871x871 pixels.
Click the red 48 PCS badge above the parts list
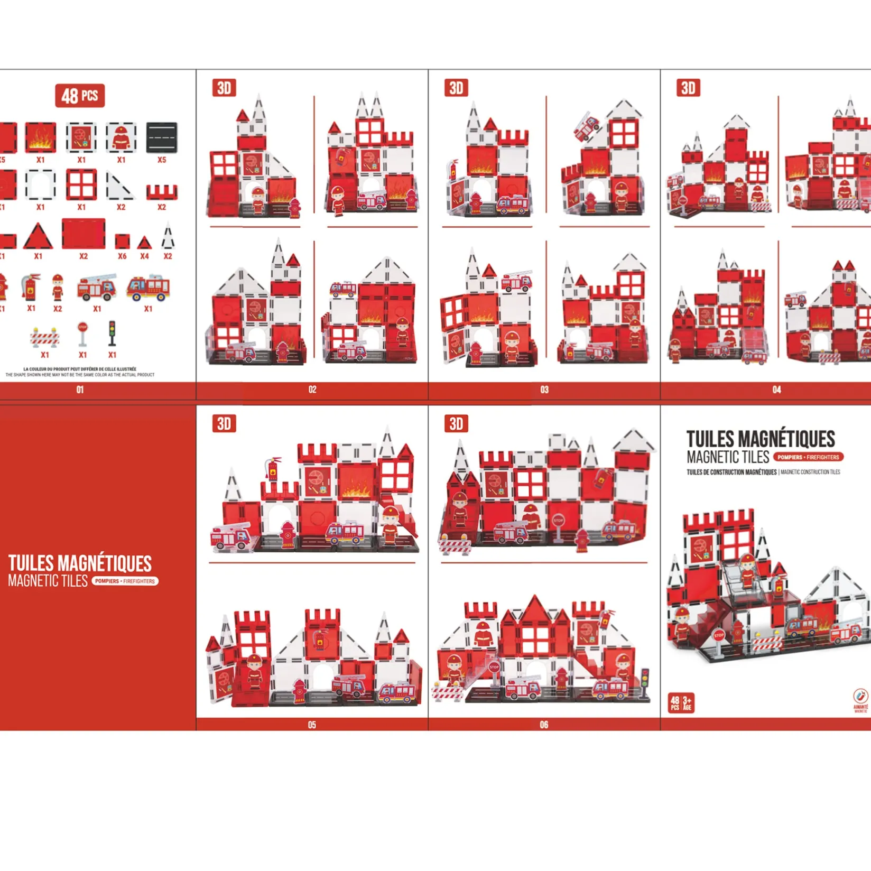click(x=80, y=96)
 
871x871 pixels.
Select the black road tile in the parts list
click(x=162, y=137)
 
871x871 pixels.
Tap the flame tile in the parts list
click(x=41, y=137)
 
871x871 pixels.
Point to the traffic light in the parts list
click(x=112, y=333)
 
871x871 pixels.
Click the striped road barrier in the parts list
click(x=44, y=337)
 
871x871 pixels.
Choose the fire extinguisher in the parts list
click(x=31, y=287)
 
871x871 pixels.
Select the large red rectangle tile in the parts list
click(x=84, y=233)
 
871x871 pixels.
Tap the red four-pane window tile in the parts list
click(x=81, y=184)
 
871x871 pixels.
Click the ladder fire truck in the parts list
click(x=97, y=287)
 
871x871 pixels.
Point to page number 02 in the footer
click(x=312, y=390)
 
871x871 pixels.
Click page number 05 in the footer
click(x=312, y=725)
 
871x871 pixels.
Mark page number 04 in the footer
click(x=776, y=390)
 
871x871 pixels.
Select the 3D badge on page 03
click(x=456, y=88)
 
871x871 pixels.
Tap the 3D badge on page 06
click(x=456, y=423)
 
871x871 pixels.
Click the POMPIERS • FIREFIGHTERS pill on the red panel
click(x=125, y=581)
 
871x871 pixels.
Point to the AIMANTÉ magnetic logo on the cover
click(x=860, y=701)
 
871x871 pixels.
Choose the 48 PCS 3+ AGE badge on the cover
click(x=681, y=703)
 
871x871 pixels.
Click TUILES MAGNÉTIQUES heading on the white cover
click(x=761, y=439)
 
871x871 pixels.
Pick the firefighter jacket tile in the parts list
click(x=121, y=137)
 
